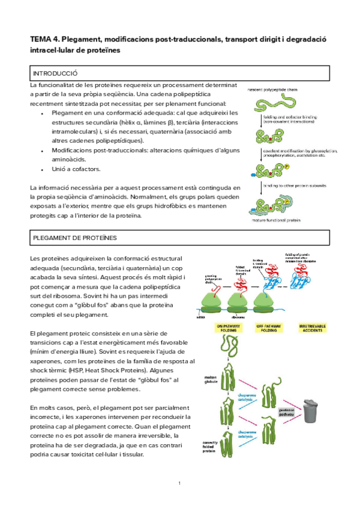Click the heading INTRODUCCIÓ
click(x=55, y=73)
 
